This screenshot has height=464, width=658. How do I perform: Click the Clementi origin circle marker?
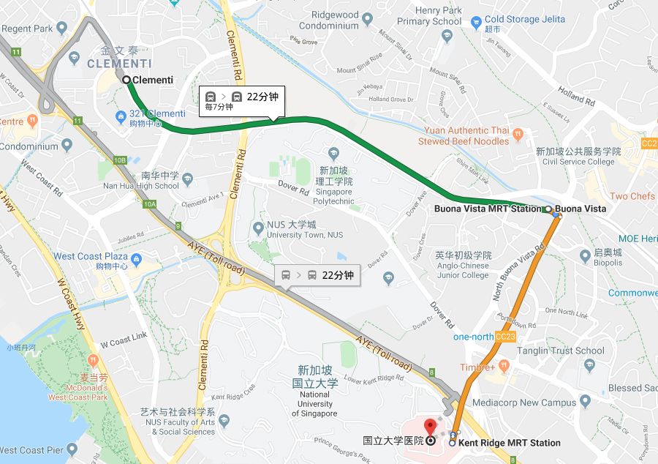pos(126,80)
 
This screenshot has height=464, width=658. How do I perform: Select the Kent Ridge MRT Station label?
pos(510,443)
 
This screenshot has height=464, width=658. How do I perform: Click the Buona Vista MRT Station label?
pos(488,209)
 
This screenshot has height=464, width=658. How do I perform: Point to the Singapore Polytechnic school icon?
pos(334,153)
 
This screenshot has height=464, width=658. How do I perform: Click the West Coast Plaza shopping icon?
pos(137,257)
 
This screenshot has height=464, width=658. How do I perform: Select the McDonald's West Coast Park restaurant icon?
pos(93,361)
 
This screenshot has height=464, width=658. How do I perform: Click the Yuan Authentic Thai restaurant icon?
pos(518,135)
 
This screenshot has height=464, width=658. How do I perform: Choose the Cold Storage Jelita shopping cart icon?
pos(476,20)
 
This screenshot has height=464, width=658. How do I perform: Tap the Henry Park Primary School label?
pos(429,16)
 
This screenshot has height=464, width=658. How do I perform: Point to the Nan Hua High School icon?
pos(188,179)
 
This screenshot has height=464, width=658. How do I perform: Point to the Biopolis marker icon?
pos(584,256)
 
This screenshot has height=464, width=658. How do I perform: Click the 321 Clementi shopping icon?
pos(122,116)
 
